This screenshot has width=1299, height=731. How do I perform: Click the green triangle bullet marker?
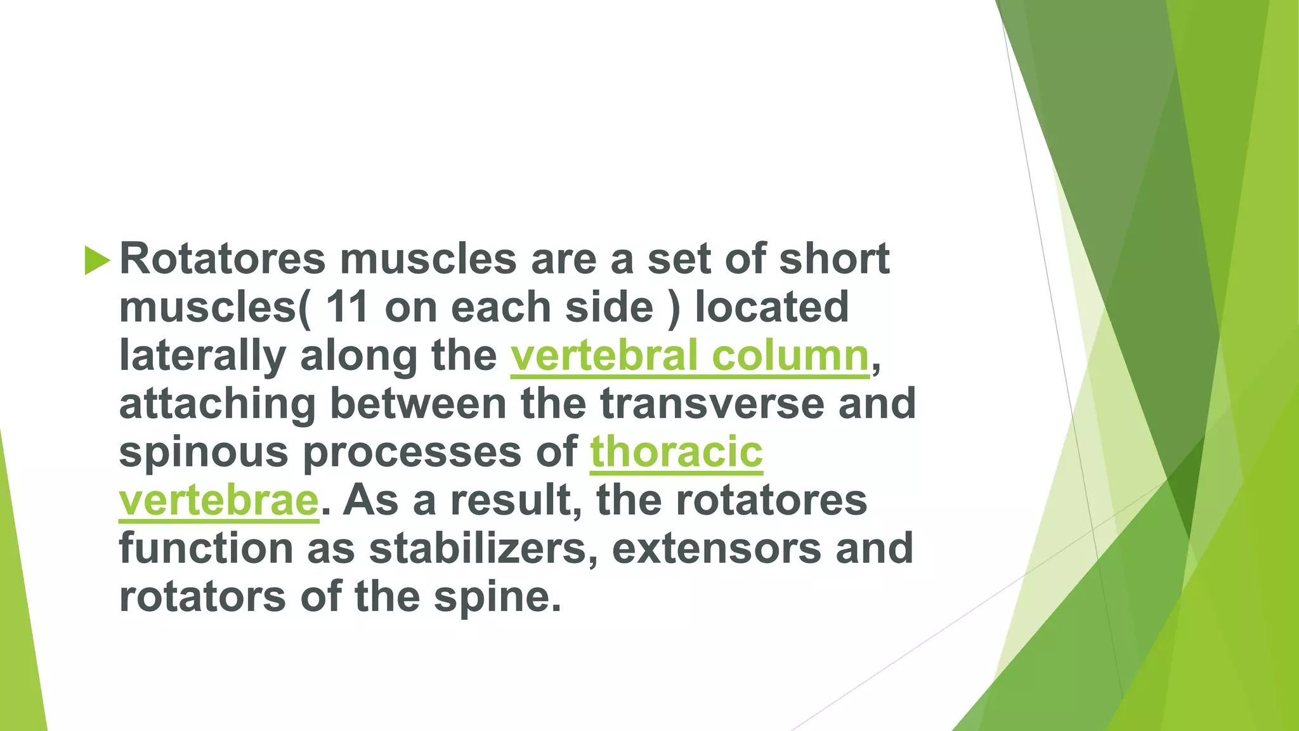[96, 261]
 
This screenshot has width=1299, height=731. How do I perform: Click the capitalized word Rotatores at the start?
[222, 259]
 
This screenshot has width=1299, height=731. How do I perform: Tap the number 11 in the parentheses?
[347, 307]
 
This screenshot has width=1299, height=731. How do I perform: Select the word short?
[834, 259]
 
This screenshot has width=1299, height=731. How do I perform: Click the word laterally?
[202, 356]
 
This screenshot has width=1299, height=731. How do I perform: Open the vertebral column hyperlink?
[689, 356]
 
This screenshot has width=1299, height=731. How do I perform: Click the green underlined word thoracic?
[676, 452]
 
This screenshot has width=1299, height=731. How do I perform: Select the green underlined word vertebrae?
[218, 501]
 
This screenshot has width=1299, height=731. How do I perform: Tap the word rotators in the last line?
[202, 596]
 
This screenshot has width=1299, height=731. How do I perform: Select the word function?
[206, 548]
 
